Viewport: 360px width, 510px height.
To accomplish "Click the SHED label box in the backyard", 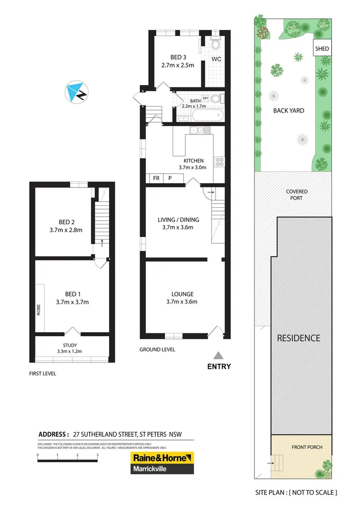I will pos(322,49).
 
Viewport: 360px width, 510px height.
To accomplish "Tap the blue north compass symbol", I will pos(75,93).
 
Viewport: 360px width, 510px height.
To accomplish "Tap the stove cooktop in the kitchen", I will pos(219,162).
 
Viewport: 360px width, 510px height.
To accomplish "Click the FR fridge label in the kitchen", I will pos(156,178).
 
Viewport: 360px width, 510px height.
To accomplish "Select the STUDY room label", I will pos(70,346).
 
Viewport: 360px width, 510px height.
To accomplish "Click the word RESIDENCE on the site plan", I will pos(298,338).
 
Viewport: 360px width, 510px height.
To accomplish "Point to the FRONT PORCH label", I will pos(307,447).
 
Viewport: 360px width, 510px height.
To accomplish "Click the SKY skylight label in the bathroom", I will pos(205,98).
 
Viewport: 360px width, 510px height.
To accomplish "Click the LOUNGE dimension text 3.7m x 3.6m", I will pos(182,302).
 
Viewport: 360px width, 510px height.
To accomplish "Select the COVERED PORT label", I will pos(297,195).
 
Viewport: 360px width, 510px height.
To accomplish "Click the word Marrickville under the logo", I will pos(149,469).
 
